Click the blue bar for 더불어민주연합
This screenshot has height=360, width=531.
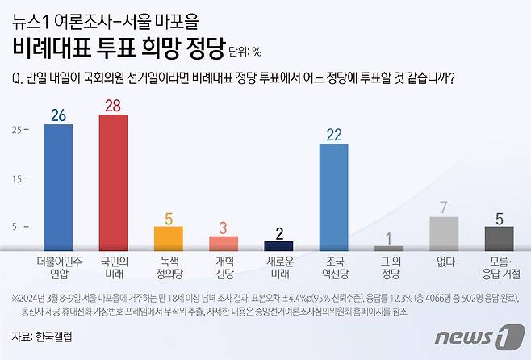(57, 188)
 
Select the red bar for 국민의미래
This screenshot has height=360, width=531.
(113, 183)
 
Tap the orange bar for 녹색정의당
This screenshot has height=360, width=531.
(168, 239)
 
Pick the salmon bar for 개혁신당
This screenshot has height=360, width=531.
(224, 244)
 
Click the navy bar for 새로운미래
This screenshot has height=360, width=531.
(278, 246)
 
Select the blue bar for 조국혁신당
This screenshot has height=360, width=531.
(333, 198)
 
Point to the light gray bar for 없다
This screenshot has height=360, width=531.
(444, 234)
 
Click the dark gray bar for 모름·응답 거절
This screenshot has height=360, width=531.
(499, 239)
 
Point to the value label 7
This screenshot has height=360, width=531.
(444, 207)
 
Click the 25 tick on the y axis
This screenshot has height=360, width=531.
(16, 129)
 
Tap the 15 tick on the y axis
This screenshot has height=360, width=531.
(16, 178)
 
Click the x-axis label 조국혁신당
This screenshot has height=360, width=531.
(333, 267)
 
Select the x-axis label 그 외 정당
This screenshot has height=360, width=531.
(389, 267)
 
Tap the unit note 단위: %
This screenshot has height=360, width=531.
(245, 52)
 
